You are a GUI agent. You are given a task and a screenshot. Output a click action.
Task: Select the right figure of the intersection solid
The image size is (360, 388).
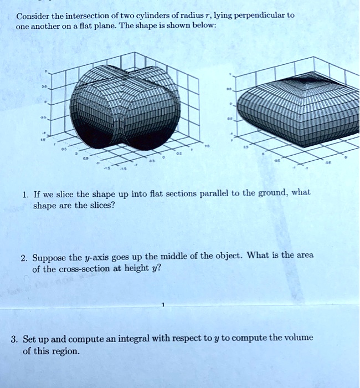[296, 111]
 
